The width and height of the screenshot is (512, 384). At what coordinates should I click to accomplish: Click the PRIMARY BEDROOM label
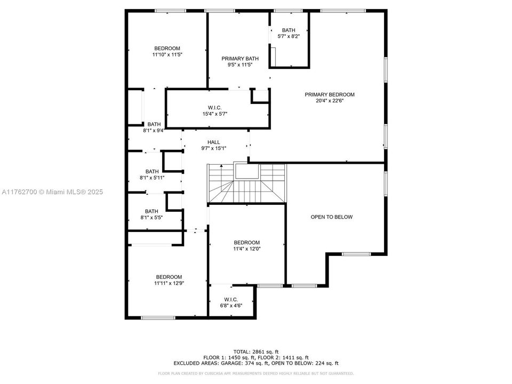(330, 95)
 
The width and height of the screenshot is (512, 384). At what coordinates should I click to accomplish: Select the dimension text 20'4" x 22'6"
(330, 101)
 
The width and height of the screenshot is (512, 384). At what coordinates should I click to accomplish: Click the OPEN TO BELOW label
(332, 217)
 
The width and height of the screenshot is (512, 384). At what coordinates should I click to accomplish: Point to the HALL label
(214, 142)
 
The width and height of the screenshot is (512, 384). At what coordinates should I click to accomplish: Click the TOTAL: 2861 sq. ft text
(256, 351)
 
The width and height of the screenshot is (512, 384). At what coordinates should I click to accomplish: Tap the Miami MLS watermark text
(52, 192)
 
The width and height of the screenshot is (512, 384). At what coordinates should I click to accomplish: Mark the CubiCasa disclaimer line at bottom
(256, 373)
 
